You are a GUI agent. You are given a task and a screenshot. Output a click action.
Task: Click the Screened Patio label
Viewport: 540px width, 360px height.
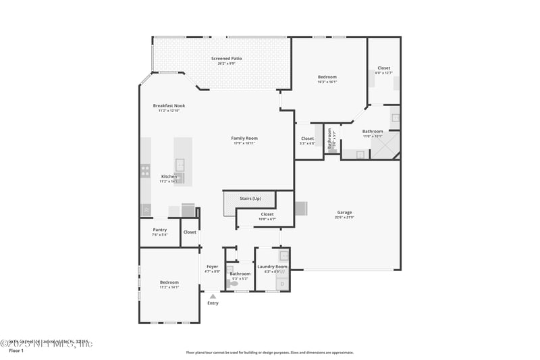[227, 59]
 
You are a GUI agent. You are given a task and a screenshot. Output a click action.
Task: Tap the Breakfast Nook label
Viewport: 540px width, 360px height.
[169, 105]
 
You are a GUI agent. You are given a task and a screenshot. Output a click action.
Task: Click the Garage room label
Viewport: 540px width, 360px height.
[344, 212]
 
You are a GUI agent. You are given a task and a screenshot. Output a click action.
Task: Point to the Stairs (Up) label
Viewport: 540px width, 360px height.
[251, 199]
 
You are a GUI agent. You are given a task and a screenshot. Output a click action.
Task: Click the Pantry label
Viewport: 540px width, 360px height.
[159, 230]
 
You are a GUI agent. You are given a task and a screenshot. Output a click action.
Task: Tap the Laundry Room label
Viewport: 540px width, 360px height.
[272, 267]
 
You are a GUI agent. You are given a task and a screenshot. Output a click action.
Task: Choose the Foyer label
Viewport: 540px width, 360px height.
[212, 266]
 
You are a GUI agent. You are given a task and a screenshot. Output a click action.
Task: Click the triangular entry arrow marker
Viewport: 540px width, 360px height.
[213, 296]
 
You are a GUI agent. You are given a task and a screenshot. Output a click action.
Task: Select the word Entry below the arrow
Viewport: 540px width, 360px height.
[213, 303]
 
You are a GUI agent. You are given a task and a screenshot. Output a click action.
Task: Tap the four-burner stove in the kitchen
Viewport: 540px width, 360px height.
[145, 170]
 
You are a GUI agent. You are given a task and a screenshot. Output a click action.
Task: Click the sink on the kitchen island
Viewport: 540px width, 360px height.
[180, 164]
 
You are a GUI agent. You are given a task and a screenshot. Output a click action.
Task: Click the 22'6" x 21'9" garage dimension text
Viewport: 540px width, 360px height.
[344, 217]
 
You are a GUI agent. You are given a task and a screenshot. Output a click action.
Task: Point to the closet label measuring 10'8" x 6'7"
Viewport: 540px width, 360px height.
[267, 219]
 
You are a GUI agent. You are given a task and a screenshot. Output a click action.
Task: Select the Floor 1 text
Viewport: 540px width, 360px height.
[16, 351]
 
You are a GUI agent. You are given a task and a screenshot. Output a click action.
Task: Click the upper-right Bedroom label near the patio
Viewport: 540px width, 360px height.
[327, 77]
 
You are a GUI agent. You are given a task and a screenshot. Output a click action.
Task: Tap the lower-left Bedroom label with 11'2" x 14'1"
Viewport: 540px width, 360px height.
[169, 282]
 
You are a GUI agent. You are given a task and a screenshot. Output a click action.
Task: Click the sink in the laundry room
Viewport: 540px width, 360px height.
[284, 256]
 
